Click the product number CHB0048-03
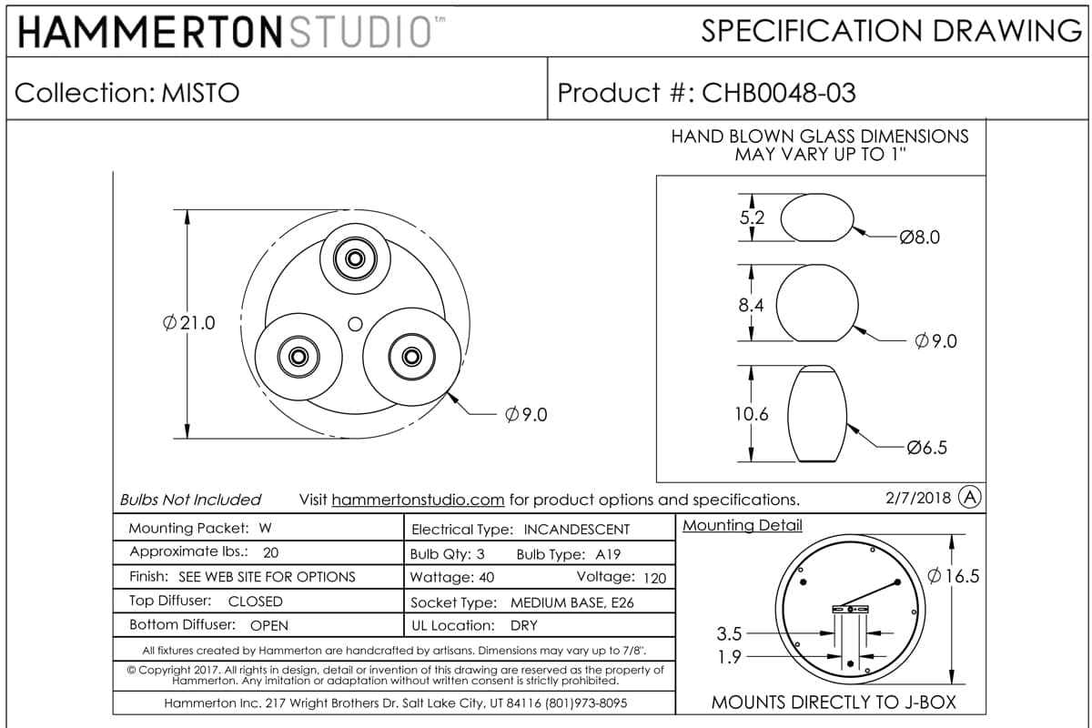coord(779,93)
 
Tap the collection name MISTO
coord(200,93)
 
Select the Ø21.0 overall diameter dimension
coord(189,323)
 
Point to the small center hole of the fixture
coord(356,324)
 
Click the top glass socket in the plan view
coord(356,258)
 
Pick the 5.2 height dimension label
coord(752,217)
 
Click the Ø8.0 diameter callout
coord(919,238)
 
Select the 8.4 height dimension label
coord(751,305)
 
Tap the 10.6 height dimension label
coord(752,414)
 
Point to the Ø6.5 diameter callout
coord(926,447)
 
